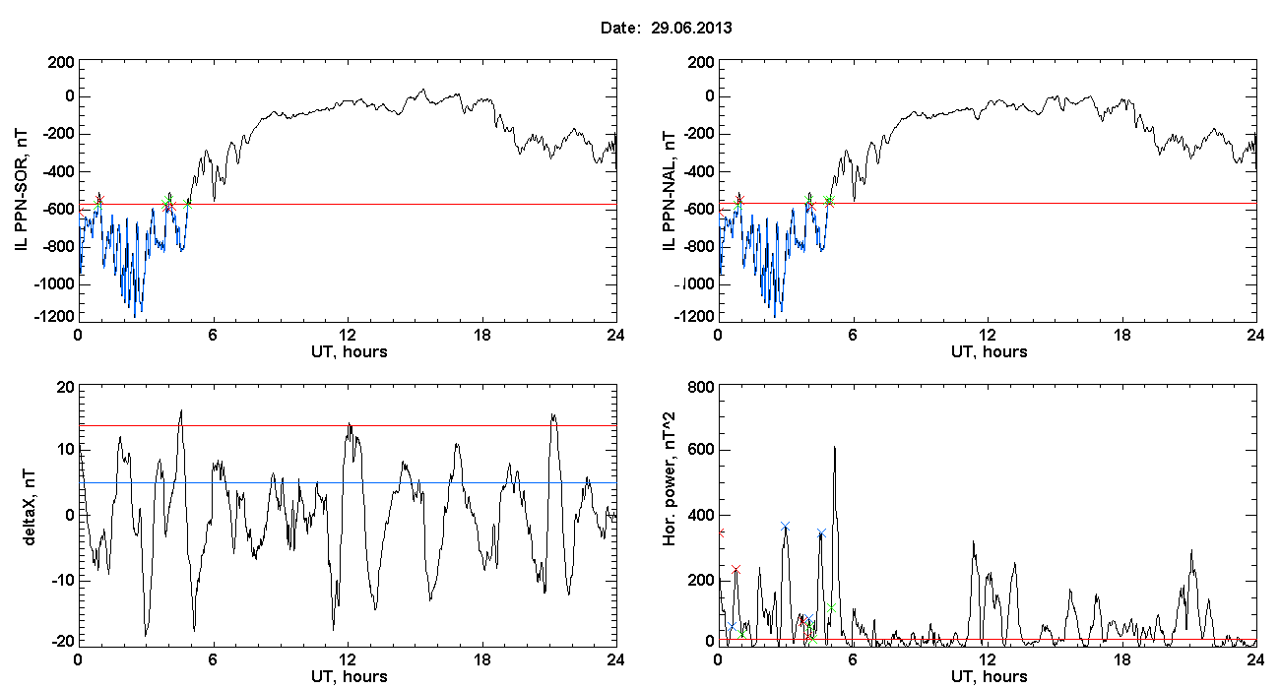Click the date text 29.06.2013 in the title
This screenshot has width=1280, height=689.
pyautogui.click(x=691, y=28)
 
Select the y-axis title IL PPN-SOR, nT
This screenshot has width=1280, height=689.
pyautogui.click(x=21, y=191)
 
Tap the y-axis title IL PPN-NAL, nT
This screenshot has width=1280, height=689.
pyautogui.click(x=670, y=191)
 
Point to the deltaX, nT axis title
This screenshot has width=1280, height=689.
pyautogui.click(x=30, y=508)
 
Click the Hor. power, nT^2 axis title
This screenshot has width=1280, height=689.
pyautogui.click(x=670, y=479)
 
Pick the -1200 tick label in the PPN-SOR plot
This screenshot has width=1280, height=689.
pyautogui.click(x=54, y=317)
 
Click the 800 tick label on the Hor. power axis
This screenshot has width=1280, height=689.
pyautogui.click(x=701, y=388)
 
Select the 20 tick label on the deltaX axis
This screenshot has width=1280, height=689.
pyautogui.click(x=66, y=388)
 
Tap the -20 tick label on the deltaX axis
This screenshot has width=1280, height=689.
pyautogui.click(x=62, y=641)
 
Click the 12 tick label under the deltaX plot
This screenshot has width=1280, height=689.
pyautogui.click(x=347, y=659)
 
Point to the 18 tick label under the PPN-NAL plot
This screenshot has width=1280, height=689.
pyautogui.click(x=1121, y=335)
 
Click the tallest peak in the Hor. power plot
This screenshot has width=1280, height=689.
pyautogui.click(x=835, y=447)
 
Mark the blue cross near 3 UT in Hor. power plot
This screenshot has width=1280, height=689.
pyautogui.click(x=785, y=527)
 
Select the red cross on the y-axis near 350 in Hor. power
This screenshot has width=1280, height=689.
pyautogui.click(x=721, y=533)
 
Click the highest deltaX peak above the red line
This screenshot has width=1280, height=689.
pyautogui.click(x=181, y=409)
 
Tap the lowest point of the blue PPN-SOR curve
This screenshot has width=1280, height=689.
pyautogui.click(x=135, y=317)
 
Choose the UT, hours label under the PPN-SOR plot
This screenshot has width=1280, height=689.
pyautogui.click(x=350, y=352)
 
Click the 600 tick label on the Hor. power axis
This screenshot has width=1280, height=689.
pyautogui.click(x=701, y=450)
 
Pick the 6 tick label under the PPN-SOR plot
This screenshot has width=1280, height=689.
pyautogui.click(x=213, y=335)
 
